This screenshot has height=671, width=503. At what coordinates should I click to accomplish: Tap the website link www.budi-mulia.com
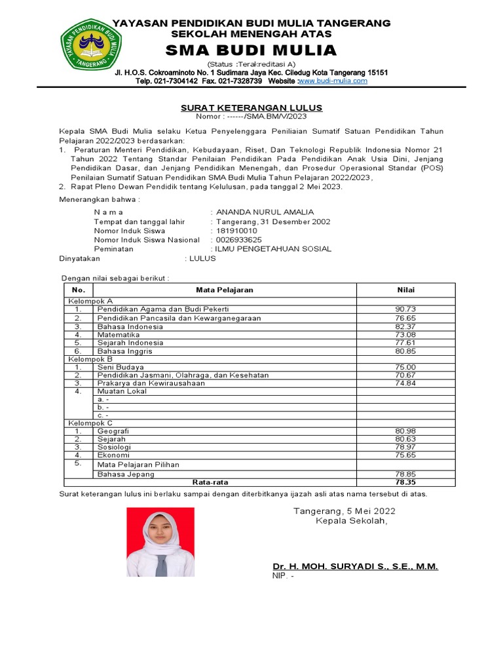(x=333, y=81)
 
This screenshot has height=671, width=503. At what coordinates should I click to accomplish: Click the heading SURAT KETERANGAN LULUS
(x=251, y=107)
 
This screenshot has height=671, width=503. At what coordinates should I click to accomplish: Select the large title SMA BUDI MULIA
(x=251, y=50)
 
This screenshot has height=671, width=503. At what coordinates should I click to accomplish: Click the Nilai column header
(x=405, y=290)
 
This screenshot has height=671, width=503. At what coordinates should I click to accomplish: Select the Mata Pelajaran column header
(x=225, y=290)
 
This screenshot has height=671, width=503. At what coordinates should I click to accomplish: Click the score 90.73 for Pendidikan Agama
(x=405, y=309)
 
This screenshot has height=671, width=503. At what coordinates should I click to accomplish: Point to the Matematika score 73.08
(x=405, y=334)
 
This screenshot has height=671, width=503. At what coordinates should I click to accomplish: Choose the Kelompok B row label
(x=91, y=359)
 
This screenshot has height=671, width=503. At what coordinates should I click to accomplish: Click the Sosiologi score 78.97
(x=405, y=447)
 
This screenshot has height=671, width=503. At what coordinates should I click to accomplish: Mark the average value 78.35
(x=405, y=482)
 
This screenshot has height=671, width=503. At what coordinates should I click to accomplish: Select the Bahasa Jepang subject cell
(x=126, y=474)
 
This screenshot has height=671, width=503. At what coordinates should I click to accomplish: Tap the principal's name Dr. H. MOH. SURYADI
(x=355, y=566)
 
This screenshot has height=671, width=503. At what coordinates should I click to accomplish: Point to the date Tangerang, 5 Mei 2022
(x=344, y=510)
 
